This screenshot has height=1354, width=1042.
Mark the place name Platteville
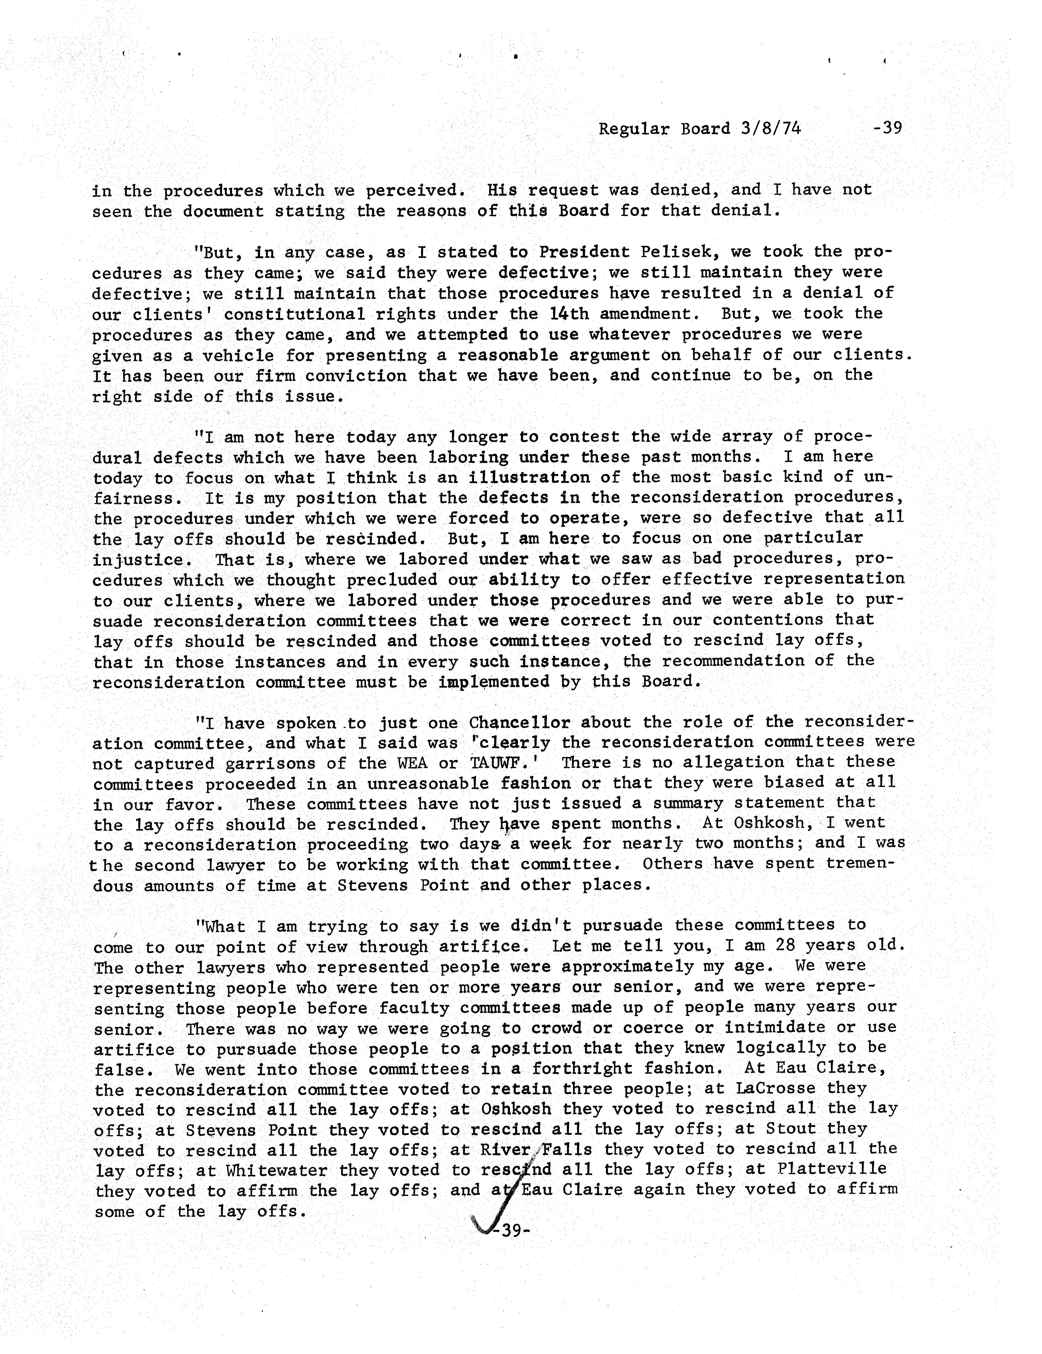[x=831, y=1169]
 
